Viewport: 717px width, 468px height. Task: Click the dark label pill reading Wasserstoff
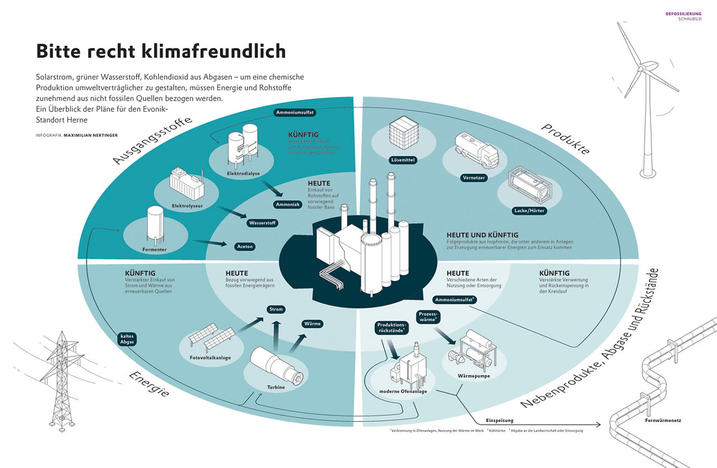263,223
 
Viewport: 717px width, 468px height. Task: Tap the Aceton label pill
245,246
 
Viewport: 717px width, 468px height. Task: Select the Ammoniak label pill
288,205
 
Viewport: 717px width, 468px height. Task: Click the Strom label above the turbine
276,309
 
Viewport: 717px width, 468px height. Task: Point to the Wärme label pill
312,323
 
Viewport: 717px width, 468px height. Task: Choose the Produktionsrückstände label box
392,328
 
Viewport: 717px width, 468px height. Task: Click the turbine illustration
278,365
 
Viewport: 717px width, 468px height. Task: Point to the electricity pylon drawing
61,381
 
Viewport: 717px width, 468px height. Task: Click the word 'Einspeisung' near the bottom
500,420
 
